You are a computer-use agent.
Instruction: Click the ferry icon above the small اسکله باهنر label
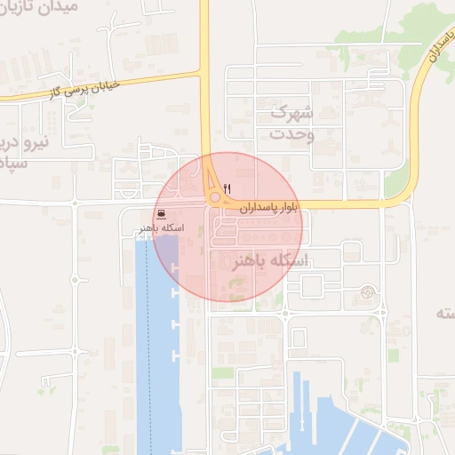coord(159,213)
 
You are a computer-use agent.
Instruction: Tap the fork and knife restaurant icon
coord(229,188)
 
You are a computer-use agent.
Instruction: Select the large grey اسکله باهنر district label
coord(269,261)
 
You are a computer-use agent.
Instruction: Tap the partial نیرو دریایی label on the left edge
coord(18,151)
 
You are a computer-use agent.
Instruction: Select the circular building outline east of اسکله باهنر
coord(367,291)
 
